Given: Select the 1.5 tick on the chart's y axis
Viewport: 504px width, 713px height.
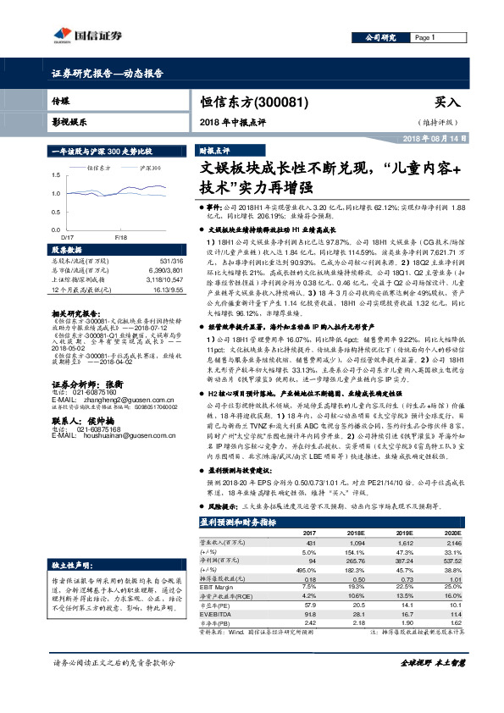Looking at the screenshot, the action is coord(56,174).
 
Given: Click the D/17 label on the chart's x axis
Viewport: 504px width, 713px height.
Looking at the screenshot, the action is coord(69,238).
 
